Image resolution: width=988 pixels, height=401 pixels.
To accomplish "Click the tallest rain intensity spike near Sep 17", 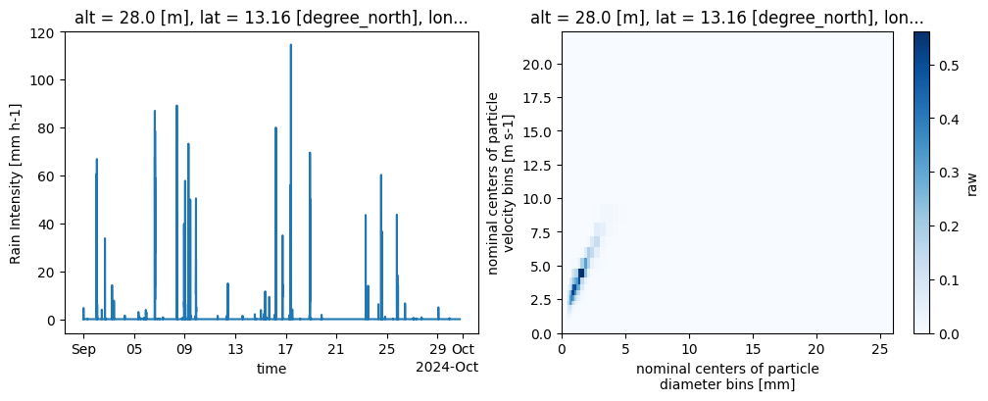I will (290, 45).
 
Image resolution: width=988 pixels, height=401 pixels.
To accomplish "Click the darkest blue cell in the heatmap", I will (581, 273).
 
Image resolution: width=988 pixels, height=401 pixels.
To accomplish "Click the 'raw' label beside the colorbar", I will (971, 182).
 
